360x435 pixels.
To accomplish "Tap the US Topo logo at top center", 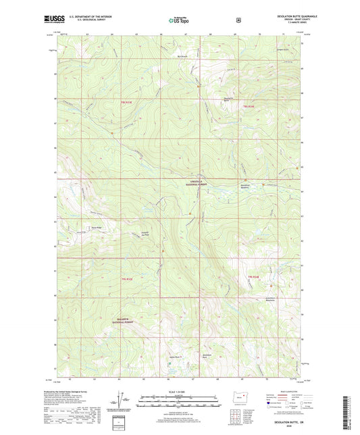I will click(178, 20).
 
